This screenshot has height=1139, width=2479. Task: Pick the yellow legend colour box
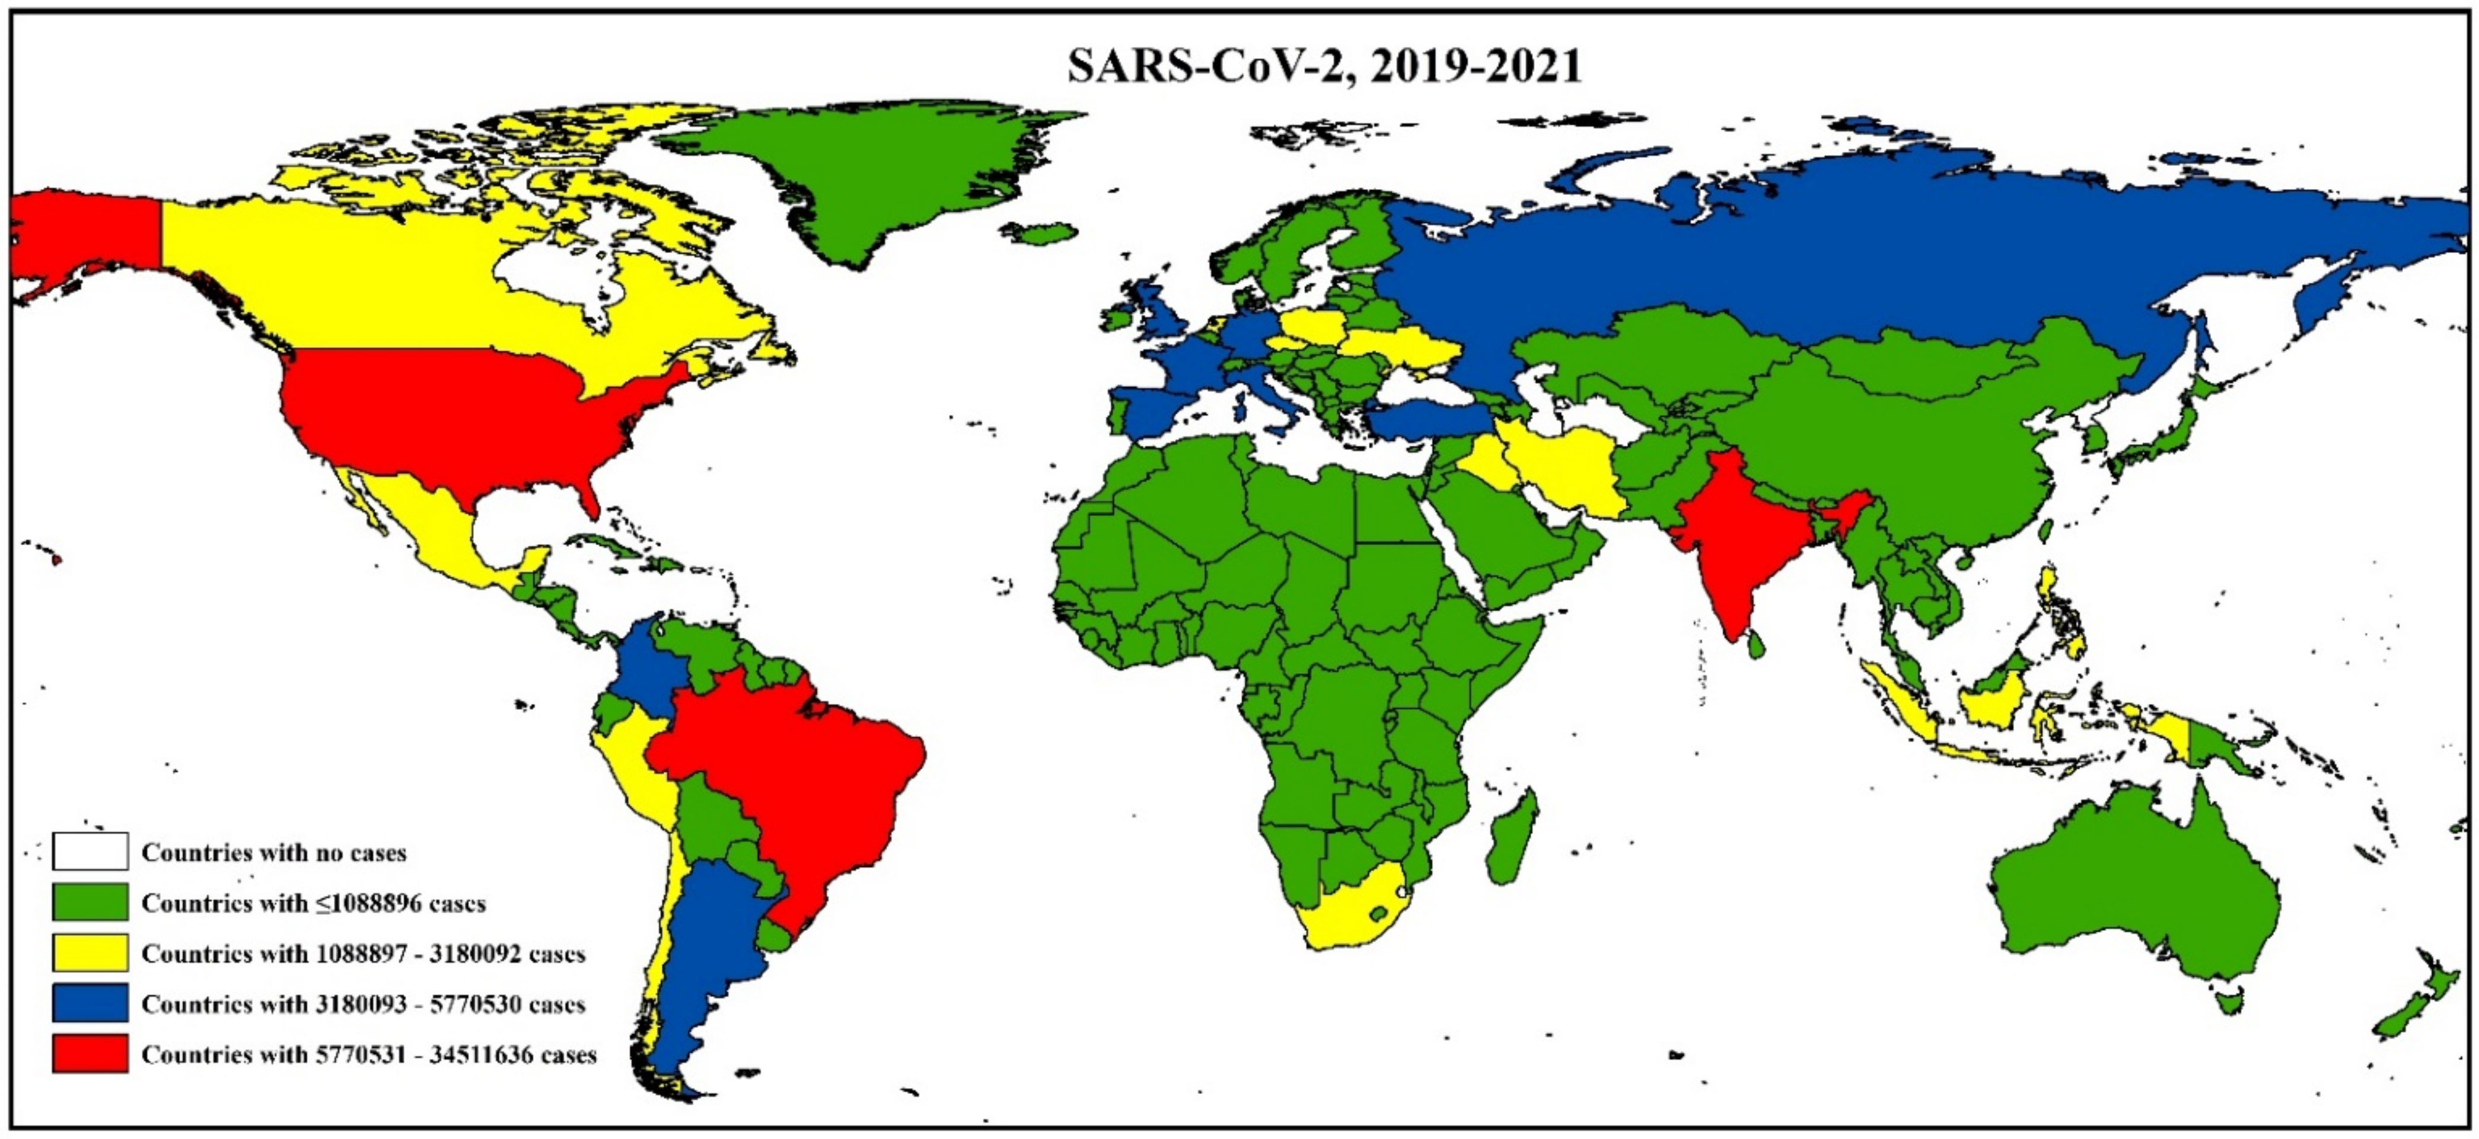90,952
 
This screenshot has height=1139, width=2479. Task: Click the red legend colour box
90,1054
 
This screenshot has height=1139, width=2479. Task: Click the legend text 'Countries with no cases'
274,852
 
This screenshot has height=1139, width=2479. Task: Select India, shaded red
1732,539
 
